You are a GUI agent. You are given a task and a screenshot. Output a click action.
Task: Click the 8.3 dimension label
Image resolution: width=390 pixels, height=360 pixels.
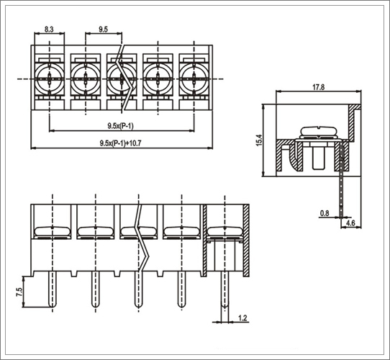click(x=49, y=30)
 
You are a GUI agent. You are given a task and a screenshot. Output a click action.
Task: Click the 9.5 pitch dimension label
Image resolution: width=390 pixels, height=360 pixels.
click(x=103, y=30)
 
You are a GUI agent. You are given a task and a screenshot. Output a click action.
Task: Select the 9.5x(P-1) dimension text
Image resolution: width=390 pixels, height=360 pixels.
click(x=120, y=126)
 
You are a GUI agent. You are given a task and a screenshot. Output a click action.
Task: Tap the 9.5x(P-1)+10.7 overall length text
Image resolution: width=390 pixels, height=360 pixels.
click(x=121, y=143)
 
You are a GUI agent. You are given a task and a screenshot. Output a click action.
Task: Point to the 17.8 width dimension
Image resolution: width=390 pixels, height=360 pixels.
click(x=318, y=87)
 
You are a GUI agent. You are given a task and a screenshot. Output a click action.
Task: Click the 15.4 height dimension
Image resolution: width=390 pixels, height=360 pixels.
click(x=259, y=140)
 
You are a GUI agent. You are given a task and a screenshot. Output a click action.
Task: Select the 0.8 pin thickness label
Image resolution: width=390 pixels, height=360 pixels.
click(x=325, y=213)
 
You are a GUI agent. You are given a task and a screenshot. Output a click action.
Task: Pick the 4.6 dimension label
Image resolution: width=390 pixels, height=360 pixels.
click(x=350, y=222)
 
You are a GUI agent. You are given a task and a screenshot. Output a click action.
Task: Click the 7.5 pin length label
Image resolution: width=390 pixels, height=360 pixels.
click(x=19, y=292)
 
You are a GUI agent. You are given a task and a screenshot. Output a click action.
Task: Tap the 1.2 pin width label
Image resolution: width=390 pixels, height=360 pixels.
click(x=242, y=318)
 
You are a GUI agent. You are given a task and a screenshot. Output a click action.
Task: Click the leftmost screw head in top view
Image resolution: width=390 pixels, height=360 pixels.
click(x=50, y=79)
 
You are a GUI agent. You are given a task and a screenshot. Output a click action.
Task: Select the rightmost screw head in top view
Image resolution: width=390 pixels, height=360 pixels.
click(x=194, y=79)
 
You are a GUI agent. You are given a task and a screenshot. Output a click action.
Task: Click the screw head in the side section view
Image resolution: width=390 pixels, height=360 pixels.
click(x=319, y=132)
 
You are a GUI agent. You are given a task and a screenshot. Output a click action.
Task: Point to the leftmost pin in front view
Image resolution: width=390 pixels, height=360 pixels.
click(x=53, y=289)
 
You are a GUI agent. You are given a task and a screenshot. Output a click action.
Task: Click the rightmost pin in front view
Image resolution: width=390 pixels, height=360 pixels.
click(x=225, y=289)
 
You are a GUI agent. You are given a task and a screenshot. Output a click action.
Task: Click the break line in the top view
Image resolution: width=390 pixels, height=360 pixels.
click(x=124, y=79)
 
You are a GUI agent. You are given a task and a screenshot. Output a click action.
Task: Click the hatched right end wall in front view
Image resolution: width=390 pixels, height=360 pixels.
click(x=246, y=240)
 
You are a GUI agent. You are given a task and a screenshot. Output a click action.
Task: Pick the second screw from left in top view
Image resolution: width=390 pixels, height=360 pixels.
click(x=86, y=79)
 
